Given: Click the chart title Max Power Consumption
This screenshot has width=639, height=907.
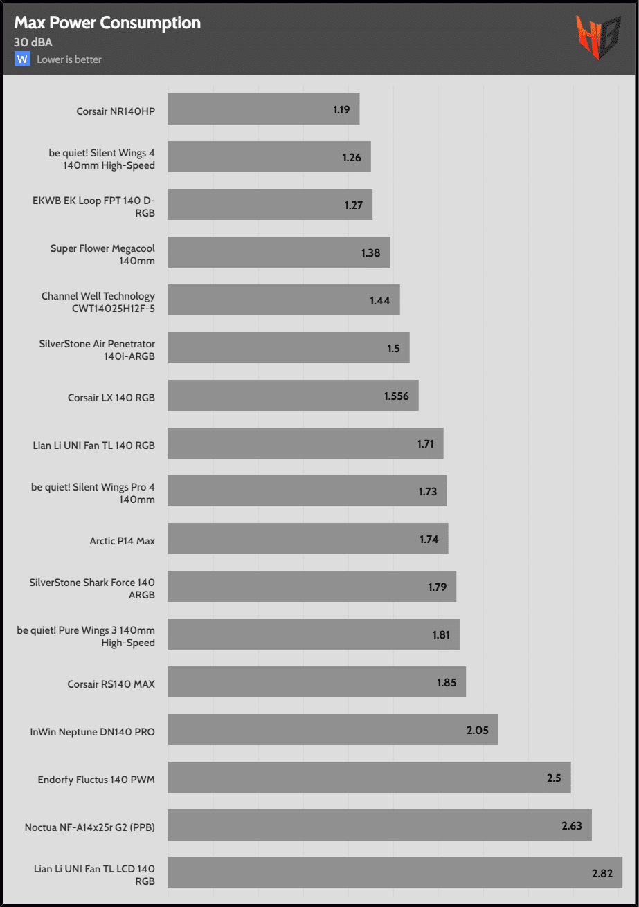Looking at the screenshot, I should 107,23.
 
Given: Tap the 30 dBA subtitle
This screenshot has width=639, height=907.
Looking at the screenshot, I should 33,42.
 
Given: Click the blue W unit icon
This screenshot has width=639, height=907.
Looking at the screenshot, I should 22,59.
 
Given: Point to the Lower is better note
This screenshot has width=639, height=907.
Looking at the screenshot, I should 69,59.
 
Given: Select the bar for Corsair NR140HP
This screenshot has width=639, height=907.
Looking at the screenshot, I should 263,109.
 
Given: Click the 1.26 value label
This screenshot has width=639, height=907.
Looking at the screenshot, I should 352,157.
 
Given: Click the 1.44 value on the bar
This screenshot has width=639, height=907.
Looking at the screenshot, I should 380,300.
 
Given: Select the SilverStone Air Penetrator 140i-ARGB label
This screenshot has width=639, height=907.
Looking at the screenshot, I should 98,348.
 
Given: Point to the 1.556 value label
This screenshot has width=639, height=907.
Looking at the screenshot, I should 397,396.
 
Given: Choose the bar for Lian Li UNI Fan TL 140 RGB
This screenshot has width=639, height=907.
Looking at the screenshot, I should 305,443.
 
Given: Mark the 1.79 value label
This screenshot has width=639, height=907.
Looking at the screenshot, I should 437,587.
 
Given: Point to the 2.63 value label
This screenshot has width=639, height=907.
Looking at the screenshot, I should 572,825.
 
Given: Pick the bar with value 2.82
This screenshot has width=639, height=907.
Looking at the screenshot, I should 395,873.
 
